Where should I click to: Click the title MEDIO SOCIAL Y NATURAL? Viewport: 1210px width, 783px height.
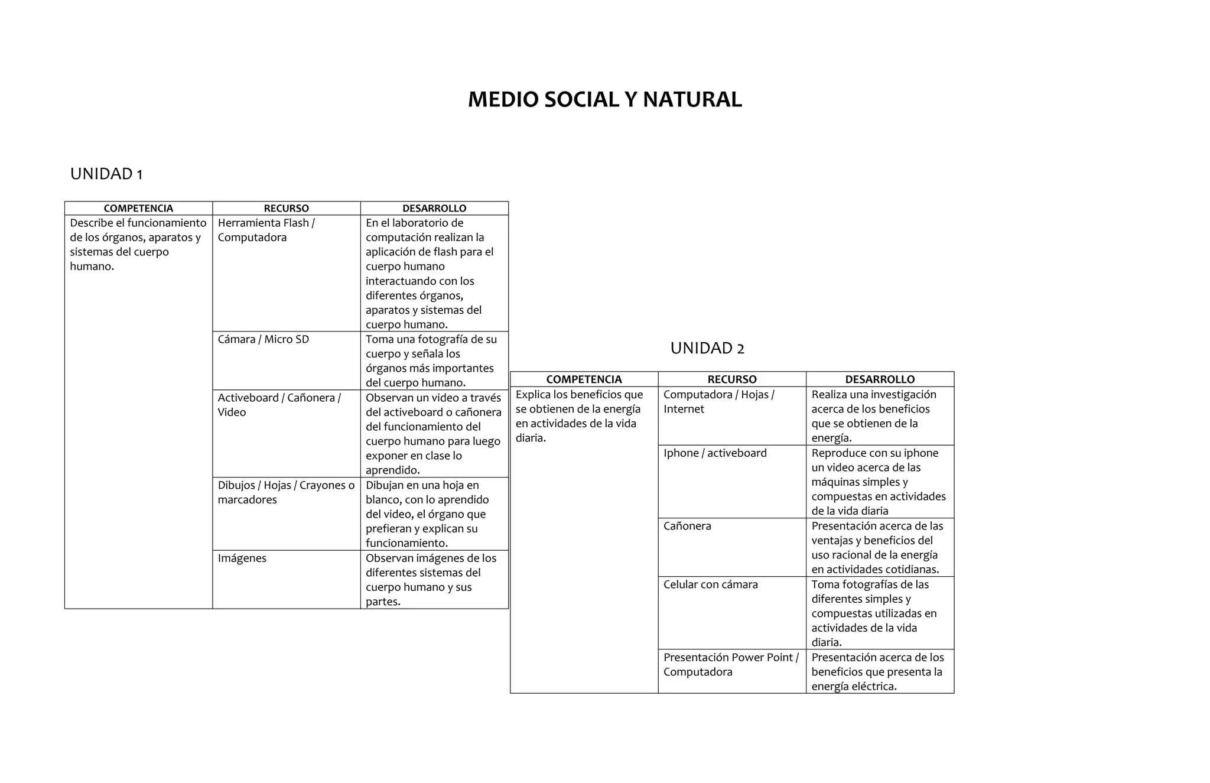(x=604, y=99)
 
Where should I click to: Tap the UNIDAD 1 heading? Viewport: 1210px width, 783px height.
(x=106, y=174)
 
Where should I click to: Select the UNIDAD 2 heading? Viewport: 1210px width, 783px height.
(x=707, y=348)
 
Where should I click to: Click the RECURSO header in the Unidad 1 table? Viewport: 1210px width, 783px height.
(x=286, y=208)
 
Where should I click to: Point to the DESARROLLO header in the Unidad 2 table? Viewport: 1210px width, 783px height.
(x=880, y=379)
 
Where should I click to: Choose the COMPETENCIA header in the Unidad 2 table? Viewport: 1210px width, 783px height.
(x=584, y=379)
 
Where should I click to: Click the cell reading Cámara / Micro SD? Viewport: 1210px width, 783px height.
(x=264, y=339)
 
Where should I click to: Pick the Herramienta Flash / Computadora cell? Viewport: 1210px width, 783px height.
(x=266, y=230)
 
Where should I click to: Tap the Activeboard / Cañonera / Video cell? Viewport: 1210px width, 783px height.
(x=279, y=405)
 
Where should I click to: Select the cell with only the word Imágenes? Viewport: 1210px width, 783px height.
(x=242, y=558)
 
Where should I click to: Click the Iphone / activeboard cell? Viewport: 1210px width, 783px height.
(x=715, y=453)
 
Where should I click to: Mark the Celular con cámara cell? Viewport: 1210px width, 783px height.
(x=710, y=584)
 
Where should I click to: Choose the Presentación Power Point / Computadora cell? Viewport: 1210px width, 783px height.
(x=731, y=664)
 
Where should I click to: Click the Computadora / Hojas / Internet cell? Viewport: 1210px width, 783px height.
(x=718, y=401)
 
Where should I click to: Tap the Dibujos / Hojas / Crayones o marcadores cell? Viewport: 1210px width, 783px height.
(x=286, y=492)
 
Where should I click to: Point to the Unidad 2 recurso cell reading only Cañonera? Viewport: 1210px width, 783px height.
(x=687, y=526)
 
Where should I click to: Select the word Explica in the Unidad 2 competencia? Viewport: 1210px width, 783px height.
(x=533, y=394)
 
